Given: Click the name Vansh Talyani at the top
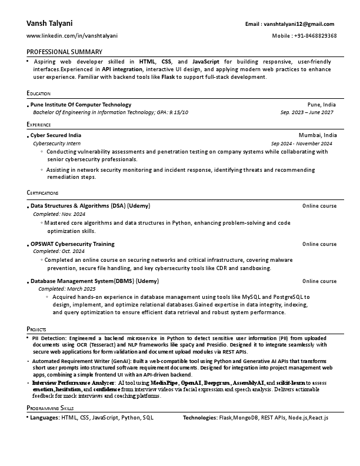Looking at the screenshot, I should [x=49, y=24].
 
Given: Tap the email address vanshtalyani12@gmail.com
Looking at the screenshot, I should [x=299, y=24].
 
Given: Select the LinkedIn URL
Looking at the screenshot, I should [x=72, y=36].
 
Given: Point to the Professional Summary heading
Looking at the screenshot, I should [x=64, y=52].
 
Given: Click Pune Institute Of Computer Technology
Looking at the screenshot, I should [x=81, y=105].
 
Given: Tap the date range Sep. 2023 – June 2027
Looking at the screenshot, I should [x=306, y=112].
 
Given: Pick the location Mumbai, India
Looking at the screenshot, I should [x=318, y=135].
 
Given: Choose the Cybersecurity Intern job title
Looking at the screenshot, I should [x=56, y=143].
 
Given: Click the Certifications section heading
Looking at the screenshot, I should [x=42, y=193].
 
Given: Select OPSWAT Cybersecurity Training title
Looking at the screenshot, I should [x=72, y=244].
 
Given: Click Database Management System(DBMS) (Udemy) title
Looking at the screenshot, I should [x=94, y=281].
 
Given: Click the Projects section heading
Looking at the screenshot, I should [x=36, y=329].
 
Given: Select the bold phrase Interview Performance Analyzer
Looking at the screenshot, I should [x=73, y=383].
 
